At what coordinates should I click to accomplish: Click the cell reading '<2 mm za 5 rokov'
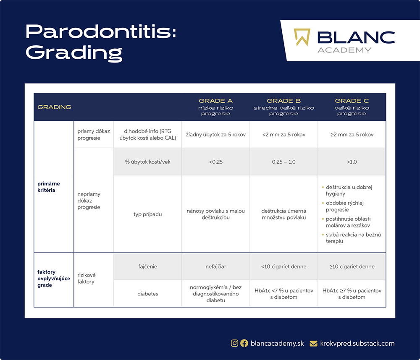[283, 135]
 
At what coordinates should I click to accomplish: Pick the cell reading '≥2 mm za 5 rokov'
[352, 135]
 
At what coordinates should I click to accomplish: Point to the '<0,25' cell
[215, 162]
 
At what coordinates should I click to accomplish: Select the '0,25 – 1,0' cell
[283, 162]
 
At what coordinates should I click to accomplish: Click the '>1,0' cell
[352, 162]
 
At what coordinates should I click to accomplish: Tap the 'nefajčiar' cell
[215, 266]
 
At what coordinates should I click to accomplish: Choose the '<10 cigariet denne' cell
[283, 266]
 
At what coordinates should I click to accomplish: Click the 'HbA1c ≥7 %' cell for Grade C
[352, 294]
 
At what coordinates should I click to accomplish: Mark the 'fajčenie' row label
[147, 266]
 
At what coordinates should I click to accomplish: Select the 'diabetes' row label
[147, 294]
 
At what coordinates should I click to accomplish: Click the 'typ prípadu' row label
[147, 214]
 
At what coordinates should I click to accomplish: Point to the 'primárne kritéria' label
[49, 187]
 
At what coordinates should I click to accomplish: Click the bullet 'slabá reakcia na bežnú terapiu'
[353, 238]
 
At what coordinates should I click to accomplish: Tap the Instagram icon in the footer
[234, 343]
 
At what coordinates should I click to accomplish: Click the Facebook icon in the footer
[244, 343]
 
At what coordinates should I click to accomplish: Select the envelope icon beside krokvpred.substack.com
[313, 343]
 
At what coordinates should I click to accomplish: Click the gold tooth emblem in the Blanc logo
[302, 37]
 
